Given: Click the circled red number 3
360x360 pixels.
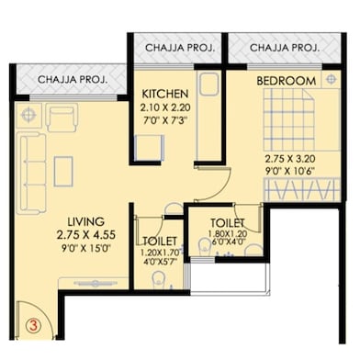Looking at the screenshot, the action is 33,325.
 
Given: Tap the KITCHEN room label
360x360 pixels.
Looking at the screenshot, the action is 165,94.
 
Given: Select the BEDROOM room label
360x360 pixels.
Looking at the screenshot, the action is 287,81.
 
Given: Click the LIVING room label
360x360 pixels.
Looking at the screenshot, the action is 86,221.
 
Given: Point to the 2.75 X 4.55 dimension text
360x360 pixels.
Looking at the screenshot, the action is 86,235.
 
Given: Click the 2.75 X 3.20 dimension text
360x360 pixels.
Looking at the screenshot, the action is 290,159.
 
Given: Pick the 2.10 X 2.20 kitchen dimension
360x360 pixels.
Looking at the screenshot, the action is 165,107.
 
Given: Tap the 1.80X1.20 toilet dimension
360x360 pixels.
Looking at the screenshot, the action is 228,233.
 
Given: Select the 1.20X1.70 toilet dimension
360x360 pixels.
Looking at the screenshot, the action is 160,253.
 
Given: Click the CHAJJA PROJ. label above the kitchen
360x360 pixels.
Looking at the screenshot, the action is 180,48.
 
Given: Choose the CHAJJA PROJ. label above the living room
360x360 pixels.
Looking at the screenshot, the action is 73,80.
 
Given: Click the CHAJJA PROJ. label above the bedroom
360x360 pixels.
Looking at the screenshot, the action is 285,48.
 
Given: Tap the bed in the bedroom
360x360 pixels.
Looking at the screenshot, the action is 302,119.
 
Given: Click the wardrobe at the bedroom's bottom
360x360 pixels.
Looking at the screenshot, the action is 302,189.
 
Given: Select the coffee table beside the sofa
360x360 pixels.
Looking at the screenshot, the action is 63,172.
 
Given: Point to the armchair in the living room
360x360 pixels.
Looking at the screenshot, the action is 62,118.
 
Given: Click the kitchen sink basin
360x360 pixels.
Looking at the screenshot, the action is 209,84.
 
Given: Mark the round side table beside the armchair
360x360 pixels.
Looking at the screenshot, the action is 28,116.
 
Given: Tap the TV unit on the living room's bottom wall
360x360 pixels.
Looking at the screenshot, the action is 94,283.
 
